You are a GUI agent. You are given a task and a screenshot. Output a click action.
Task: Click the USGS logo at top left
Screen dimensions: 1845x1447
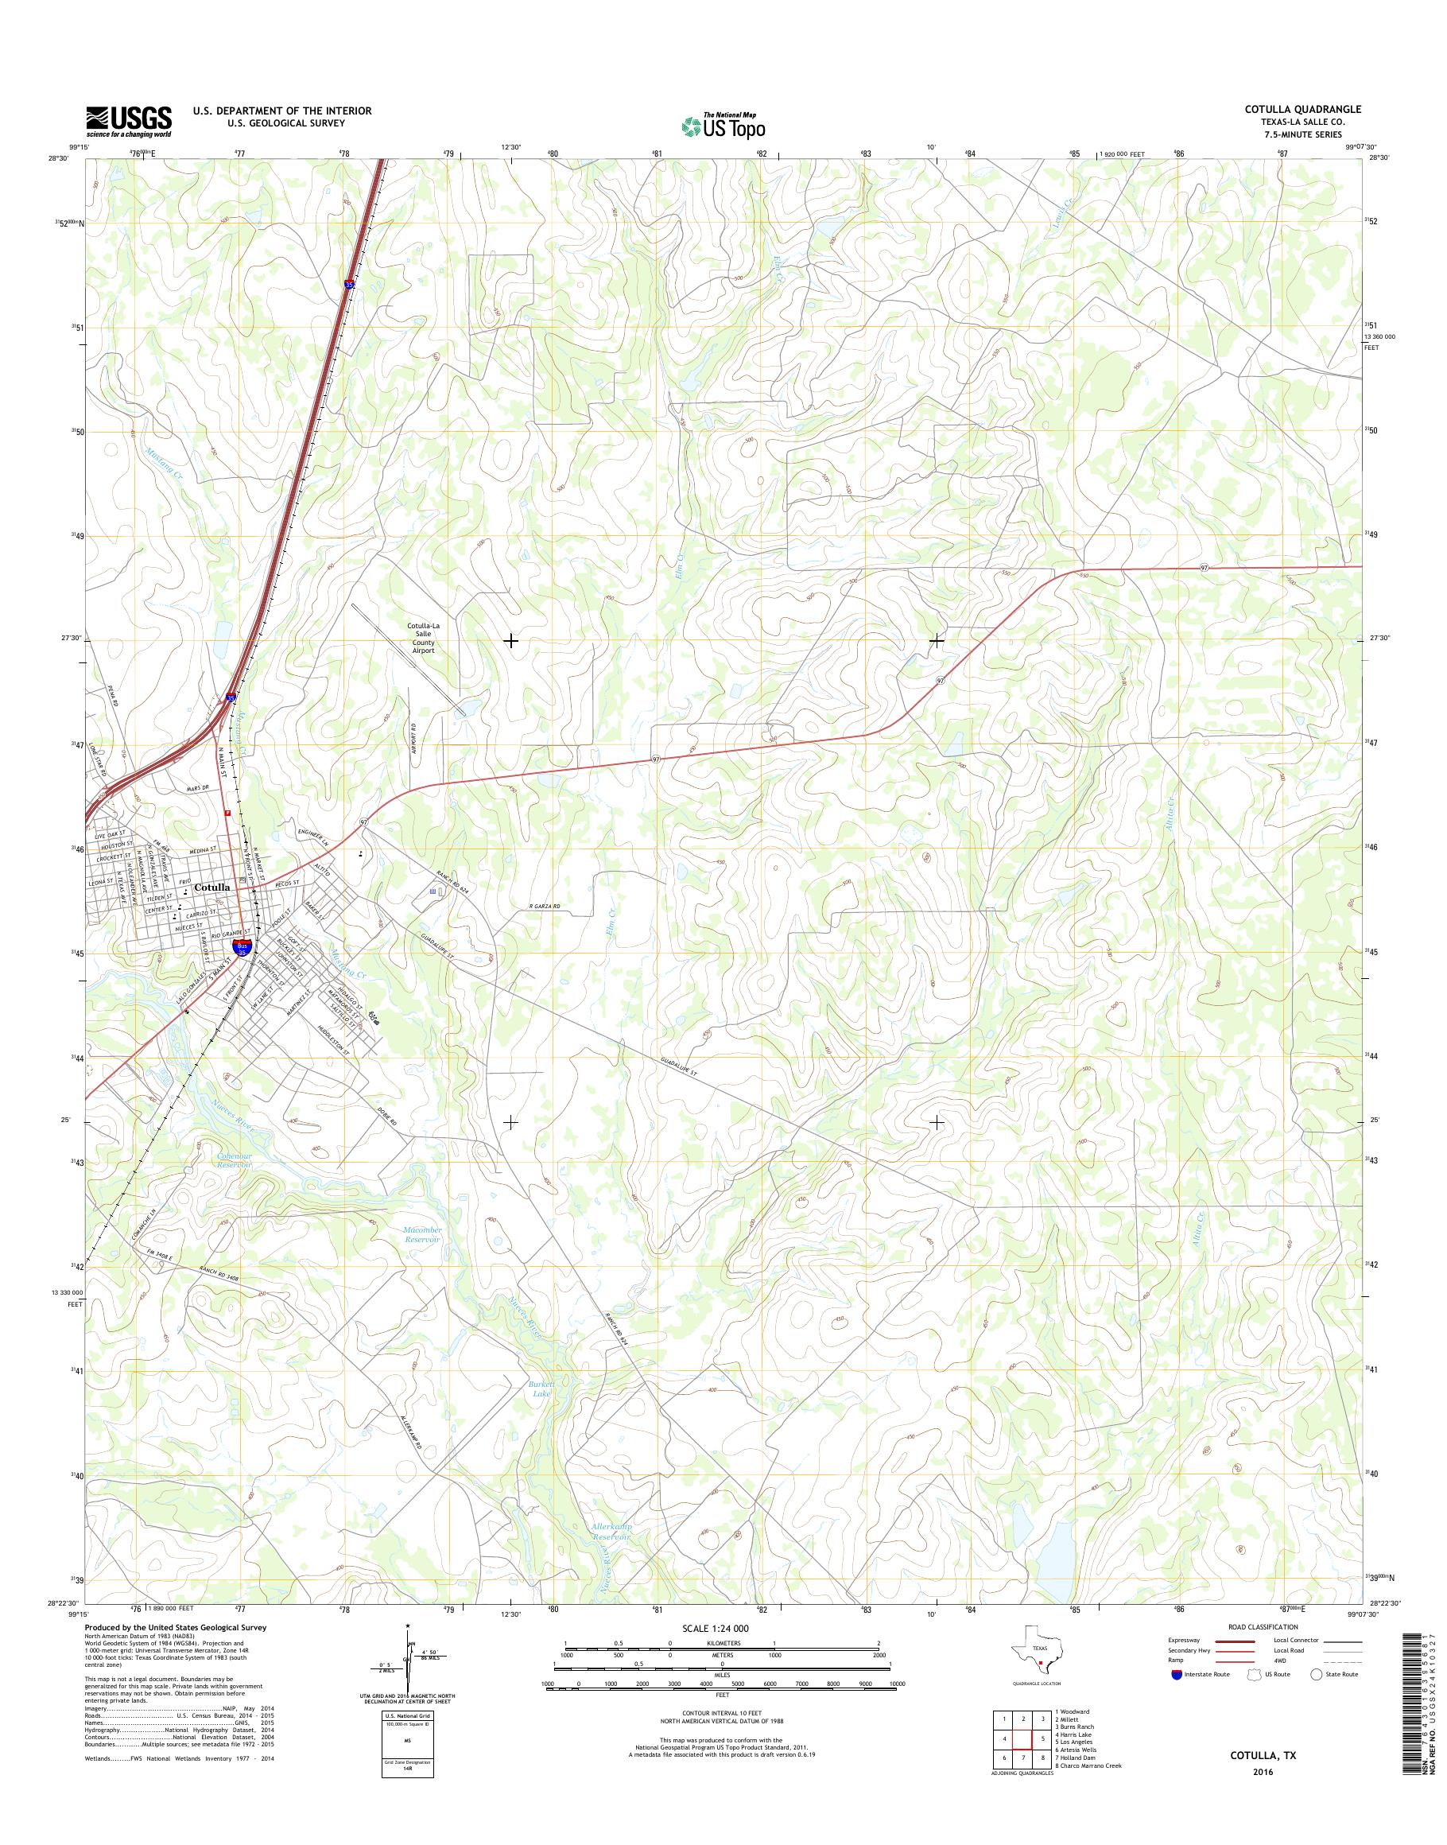128,121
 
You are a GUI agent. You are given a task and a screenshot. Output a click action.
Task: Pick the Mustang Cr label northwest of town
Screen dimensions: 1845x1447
165,463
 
